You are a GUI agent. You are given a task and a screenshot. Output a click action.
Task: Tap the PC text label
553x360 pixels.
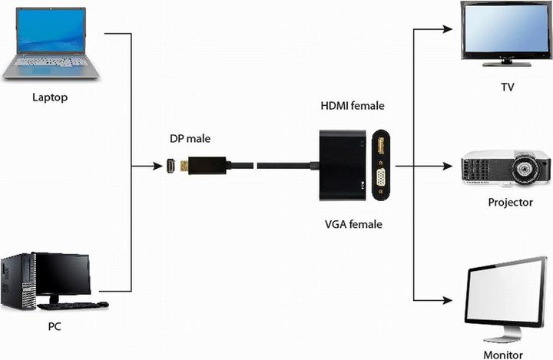pos(55,326)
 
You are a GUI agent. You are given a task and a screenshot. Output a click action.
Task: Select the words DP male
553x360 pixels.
pos(190,139)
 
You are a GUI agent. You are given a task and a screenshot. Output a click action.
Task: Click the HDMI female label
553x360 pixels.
pos(352,105)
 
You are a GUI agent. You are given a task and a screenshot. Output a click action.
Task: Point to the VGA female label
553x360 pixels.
pos(353,224)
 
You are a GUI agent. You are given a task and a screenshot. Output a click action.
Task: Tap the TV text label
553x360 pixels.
pos(507,87)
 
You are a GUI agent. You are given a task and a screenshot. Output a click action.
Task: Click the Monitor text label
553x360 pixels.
pos(503,355)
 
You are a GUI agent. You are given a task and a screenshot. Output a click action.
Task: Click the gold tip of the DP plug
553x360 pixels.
pos(185,166)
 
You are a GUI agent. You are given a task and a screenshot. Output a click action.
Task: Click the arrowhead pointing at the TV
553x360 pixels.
pos(447,30)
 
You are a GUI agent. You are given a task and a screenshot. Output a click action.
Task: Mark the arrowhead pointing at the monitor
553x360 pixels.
pos(447,299)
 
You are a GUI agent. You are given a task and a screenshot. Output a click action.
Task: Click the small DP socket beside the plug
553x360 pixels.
pos(171,166)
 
